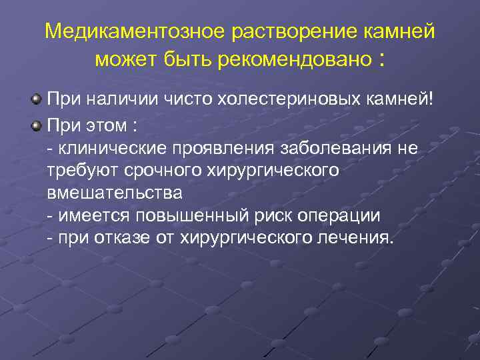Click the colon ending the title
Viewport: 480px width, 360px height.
381,60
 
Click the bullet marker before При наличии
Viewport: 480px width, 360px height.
36,100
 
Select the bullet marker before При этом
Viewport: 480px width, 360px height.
36,124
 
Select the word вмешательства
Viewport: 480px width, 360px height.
114,194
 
